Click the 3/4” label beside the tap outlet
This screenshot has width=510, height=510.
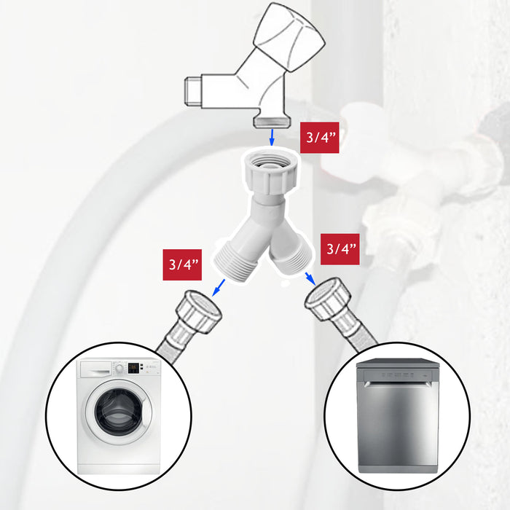pos(319,138)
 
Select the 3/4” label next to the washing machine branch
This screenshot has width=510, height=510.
pos(182,264)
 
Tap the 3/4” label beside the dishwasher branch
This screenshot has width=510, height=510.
pos(340,249)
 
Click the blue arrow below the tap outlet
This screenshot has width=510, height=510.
pos(272,137)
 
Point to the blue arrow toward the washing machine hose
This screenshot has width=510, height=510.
pos(219,288)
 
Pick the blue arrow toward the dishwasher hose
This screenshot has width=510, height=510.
pos(310,279)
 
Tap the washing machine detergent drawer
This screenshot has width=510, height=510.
pos(96,369)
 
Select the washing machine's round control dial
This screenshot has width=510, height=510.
pos(119,369)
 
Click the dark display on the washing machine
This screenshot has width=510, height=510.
pos(133,368)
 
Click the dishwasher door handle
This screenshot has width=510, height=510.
pos(397,384)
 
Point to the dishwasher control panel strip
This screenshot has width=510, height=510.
pos(398,374)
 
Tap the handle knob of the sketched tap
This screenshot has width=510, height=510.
pos(289,36)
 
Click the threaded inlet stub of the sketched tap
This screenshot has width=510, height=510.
pos(193,91)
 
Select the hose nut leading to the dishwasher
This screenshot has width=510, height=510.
pos(328,299)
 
